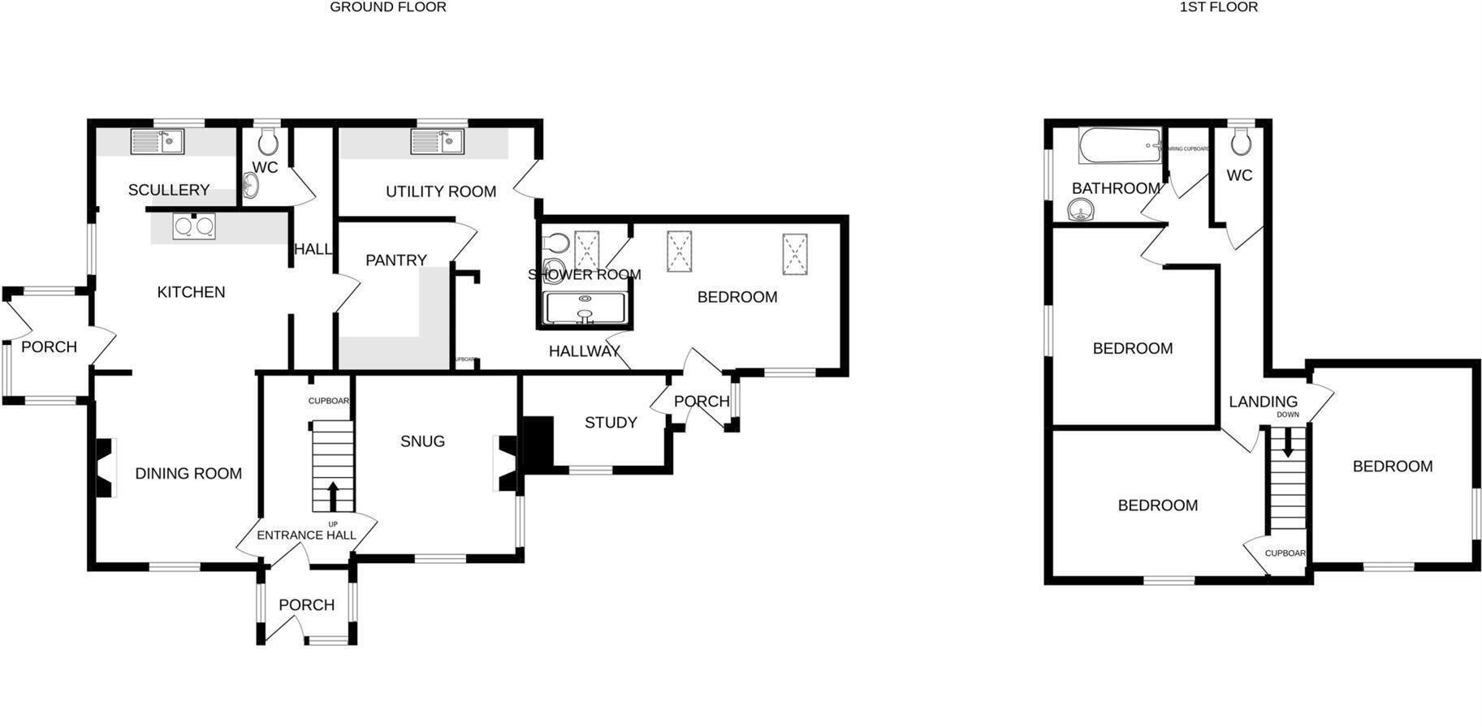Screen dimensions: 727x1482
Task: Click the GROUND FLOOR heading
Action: coord(387,7)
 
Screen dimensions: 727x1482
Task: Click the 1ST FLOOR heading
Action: coord(1218,7)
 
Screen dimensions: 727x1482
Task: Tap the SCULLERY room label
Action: coord(169,190)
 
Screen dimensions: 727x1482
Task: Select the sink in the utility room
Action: coord(438,141)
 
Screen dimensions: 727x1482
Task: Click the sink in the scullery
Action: coord(158,142)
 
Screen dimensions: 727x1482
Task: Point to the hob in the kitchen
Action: coord(194,226)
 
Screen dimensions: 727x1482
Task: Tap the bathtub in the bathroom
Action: coord(1119,146)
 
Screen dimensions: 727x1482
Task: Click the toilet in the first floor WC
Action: coord(1239,142)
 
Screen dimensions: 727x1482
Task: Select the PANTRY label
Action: coord(395,260)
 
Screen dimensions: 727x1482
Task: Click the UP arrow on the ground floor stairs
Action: coord(333,496)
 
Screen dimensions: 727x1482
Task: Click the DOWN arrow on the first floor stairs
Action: coord(1287,441)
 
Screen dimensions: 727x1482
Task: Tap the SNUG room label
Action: coord(422,441)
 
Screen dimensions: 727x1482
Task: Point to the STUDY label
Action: coord(611,423)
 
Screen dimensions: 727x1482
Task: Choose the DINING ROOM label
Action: coord(188,474)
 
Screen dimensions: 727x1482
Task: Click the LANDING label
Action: coord(1263,402)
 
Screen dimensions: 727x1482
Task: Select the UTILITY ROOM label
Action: coord(441,191)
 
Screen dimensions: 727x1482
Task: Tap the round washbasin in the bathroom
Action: coord(1081,212)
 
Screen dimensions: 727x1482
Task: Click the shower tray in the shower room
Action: coord(585,309)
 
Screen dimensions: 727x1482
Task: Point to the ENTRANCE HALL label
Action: coord(306,536)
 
